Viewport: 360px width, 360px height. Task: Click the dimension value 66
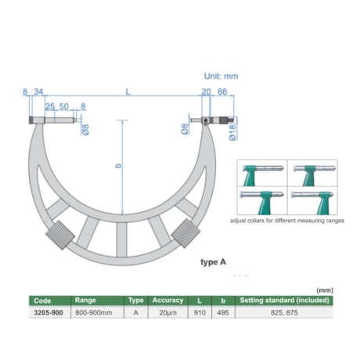point(223,92)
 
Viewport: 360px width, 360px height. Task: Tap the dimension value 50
point(64,106)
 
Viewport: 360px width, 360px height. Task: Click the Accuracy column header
point(167,300)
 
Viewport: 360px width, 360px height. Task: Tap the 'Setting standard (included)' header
point(285,300)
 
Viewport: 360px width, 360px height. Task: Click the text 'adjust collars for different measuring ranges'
point(287,222)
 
